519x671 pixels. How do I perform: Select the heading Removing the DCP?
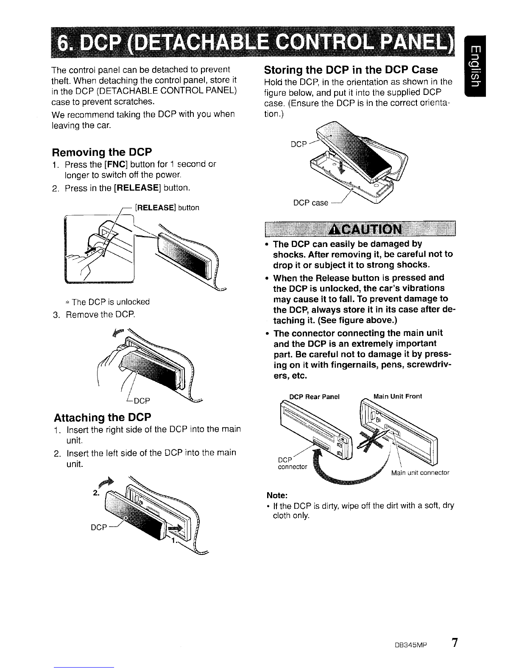pos(102,152)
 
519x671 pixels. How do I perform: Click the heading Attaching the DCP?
pos(102,418)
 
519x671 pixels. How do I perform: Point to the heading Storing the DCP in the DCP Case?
pos(351,70)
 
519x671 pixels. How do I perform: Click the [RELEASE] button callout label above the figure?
pos(167,208)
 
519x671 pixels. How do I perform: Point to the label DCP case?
pos(311,203)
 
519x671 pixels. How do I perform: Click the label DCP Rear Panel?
pos(314,397)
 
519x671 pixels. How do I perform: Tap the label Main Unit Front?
pos(398,396)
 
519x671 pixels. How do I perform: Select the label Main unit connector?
pos(420,473)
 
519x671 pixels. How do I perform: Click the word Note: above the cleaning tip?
pos(277,495)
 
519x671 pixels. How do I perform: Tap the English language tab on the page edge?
pos(475,67)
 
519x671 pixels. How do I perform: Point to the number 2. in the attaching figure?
pos(96,493)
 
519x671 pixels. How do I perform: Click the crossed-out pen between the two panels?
pos(372,439)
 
